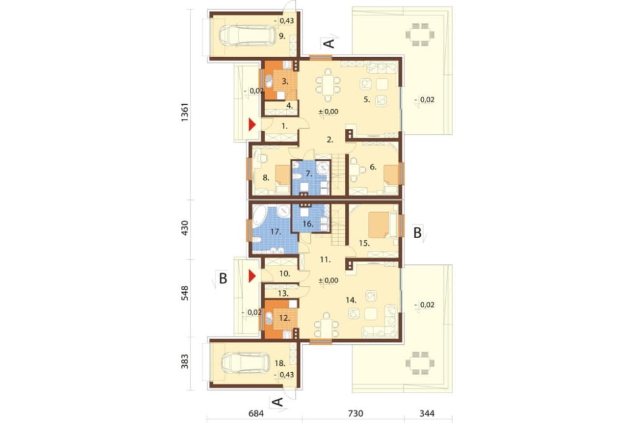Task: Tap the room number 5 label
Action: click(366, 100)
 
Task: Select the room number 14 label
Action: click(351, 300)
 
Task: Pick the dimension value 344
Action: click(427, 413)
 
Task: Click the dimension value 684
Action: click(256, 413)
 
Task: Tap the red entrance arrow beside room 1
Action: click(252, 124)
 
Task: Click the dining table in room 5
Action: click(328, 86)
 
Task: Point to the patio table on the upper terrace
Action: click(420, 31)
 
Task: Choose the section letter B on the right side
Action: click(417, 233)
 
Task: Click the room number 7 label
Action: click(309, 174)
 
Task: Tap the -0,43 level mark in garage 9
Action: click(284, 21)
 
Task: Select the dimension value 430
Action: click(184, 229)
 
